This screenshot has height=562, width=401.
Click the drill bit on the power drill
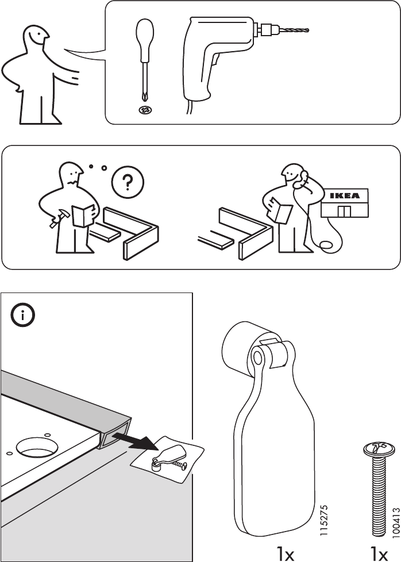click(x=295, y=30)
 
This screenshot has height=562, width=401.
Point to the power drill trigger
click(x=215, y=60)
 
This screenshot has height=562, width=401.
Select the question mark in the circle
click(x=128, y=182)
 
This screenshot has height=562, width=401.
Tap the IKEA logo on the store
click(x=344, y=196)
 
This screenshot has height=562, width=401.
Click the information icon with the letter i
click(x=22, y=315)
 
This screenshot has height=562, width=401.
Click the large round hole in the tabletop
click(x=37, y=446)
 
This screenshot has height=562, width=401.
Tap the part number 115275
click(x=323, y=521)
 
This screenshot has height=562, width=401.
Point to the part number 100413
click(x=395, y=522)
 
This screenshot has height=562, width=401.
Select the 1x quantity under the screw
click(x=379, y=554)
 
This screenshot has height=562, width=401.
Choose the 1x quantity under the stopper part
click(x=286, y=554)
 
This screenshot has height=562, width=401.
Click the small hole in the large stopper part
click(x=257, y=357)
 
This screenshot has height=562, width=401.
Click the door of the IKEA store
click(x=344, y=211)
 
